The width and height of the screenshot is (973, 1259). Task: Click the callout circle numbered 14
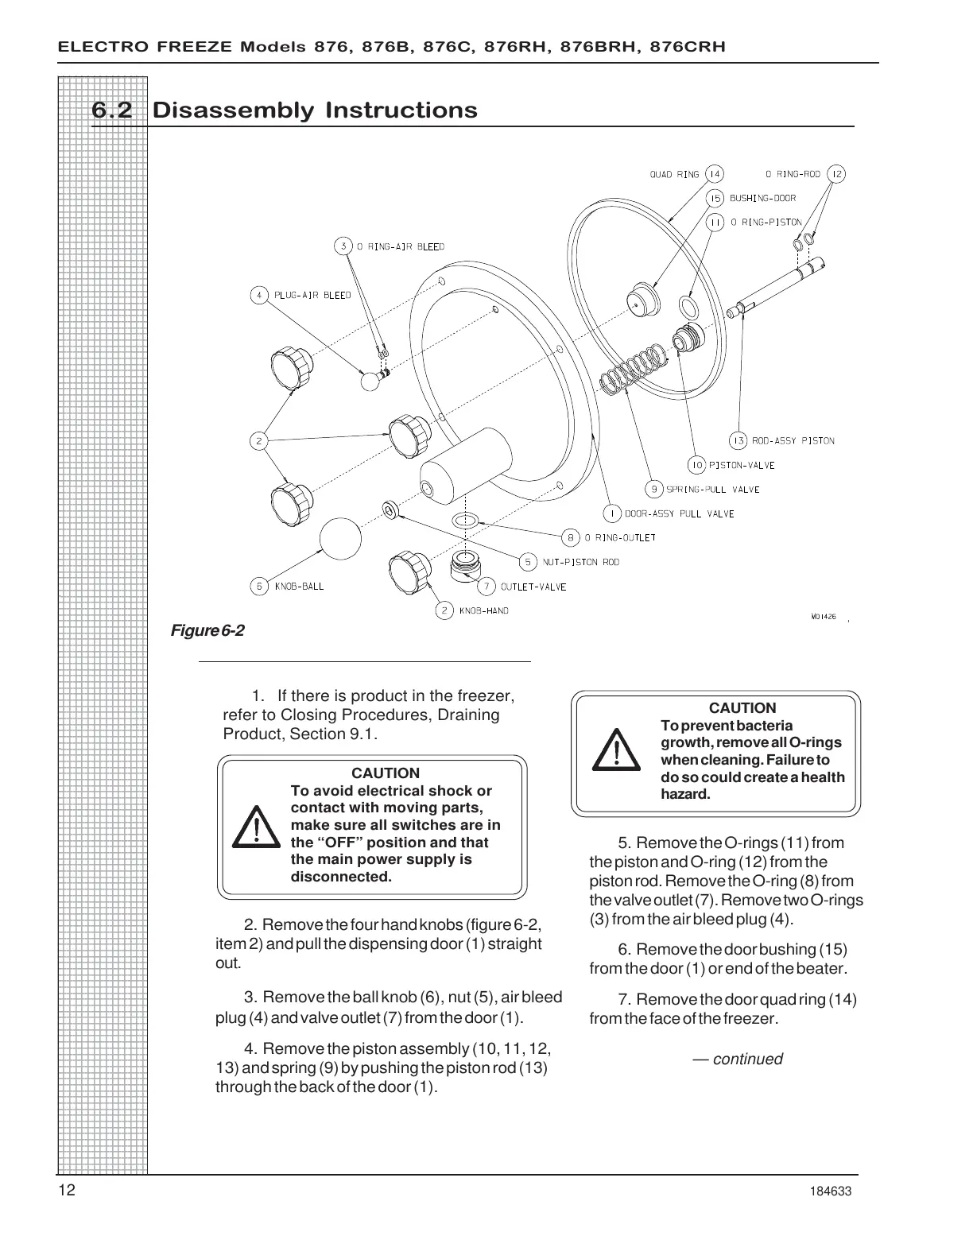click(715, 174)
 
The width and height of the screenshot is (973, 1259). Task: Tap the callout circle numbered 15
click(715, 198)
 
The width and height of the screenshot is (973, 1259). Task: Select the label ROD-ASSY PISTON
click(793, 440)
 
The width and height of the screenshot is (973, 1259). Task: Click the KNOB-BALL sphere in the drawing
click(342, 539)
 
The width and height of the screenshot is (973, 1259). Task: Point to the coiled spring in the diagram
click(633, 367)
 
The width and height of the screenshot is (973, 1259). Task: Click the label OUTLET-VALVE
click(533, 587)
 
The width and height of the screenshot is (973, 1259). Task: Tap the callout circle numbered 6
click(259, 587)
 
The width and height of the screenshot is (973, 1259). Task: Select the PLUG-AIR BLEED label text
click(312, 295)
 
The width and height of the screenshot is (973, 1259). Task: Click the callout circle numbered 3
click(343, 246)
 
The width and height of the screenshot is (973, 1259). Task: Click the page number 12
click(66, 1191)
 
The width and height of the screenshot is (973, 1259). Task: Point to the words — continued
click(737, 1059)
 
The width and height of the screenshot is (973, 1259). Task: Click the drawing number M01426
click(824, 617)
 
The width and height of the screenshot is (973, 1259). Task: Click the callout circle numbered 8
click(570, 537)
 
